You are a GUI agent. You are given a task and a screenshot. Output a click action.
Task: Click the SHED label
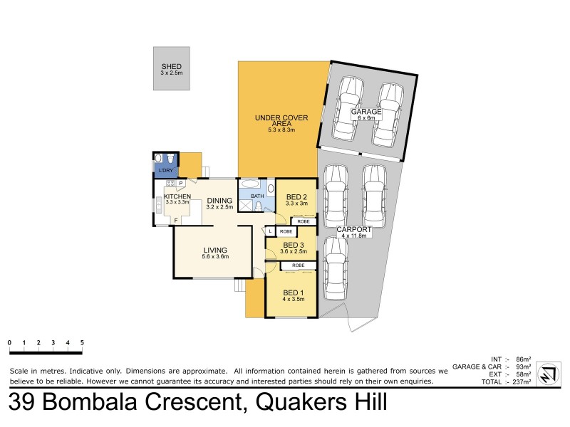(x=172, y=67)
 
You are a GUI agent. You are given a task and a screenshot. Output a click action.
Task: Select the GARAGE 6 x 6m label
(x=366, y=112)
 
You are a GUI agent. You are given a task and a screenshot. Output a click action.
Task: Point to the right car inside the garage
(x=388, y=112)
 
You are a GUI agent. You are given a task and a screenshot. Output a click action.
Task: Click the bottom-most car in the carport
(x=336, y=268)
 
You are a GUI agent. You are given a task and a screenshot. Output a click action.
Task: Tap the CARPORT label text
(x=354, y=230)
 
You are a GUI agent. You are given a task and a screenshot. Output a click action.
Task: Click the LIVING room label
(x=214, y=250)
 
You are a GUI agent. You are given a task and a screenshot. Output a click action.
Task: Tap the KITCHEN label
(x=177, y=196)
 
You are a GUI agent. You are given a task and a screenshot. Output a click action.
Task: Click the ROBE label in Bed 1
(x=298, y=265)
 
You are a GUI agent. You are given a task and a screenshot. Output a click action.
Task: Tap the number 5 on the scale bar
(x=83, y=342)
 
